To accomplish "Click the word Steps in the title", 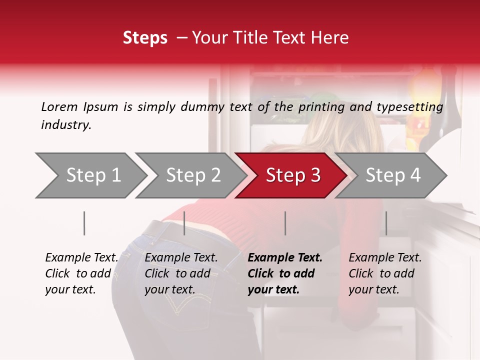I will pyautogui.click(x=145, y=38).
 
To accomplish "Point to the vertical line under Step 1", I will pyautogui.click(x=84, y=223).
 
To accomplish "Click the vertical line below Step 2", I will pyautogui.click(x=184, y=223).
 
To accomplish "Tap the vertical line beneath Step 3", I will pyautogui.click(x=285, y=223).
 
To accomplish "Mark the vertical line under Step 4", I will pyautogui.click(x=386, y=223).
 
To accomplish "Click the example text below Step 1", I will pyautogui.click(x=81, y=273).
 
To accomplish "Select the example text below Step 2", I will pyautogui.click(x=181, y=273).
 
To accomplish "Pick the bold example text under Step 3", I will pyautogui.click(x=285, y=273).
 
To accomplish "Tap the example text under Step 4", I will pyautogui.click(x=385, y=273).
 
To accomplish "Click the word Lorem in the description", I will pyautogui.click(x=59, y=106).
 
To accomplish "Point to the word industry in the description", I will pyautogui.click(x=66, y=125).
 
